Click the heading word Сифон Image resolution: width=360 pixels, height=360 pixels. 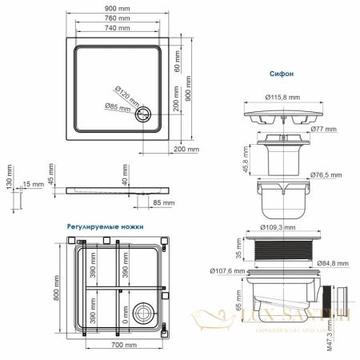tap(282, 72)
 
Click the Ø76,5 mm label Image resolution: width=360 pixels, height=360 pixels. tap(325, 174)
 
